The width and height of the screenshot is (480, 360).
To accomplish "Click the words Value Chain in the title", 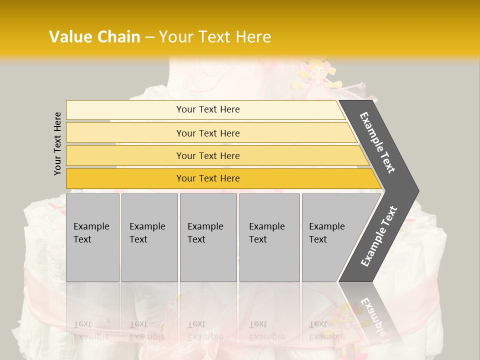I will tap(94, 37).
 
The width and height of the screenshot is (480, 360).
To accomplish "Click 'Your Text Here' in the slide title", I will tap(215, 37).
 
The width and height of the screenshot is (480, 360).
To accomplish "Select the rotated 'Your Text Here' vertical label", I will tap(58, 144).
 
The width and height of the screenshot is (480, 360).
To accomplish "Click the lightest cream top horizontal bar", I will tap(208, 109).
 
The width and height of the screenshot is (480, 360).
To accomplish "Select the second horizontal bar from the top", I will tap(208, 133).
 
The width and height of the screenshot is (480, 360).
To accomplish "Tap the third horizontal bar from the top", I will tap(208, 155).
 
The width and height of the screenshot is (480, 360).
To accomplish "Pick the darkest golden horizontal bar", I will tap(208, 178).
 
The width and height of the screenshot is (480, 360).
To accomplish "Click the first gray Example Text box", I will tap(92, 237).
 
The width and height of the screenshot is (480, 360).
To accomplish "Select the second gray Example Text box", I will tap(149, 237).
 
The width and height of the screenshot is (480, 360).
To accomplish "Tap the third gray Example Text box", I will tap(208, 237).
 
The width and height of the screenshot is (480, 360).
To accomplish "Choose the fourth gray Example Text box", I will tap(269, 237).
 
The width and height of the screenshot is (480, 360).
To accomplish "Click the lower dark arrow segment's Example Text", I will tap(379, 236).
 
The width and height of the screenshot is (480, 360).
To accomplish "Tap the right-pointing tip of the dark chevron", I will tap(416, 191).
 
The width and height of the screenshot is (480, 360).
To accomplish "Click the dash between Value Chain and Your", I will tap(149, 37).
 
